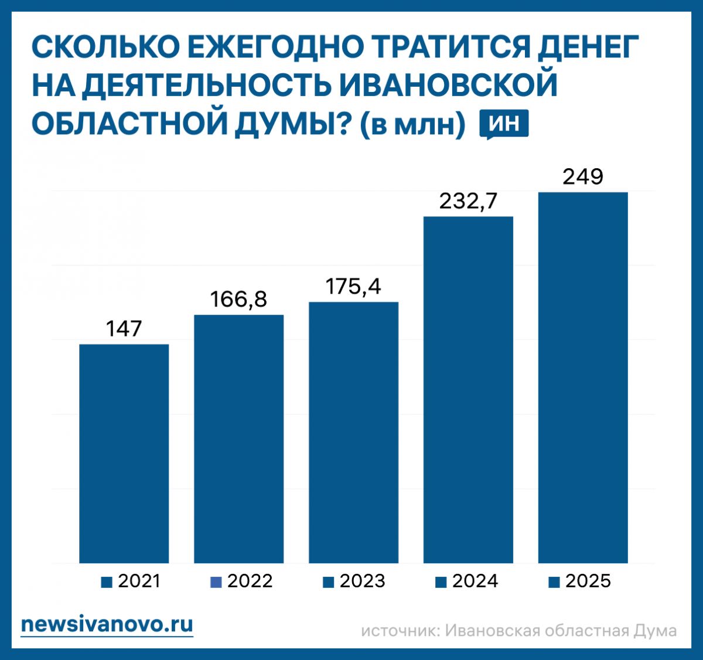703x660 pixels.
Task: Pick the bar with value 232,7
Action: coord(468,389)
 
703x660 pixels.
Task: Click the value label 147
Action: coord(124,329)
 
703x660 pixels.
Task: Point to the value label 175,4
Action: coord(353,287)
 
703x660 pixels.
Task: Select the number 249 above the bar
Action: coord(583,176)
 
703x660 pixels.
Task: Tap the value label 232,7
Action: coord(468,201)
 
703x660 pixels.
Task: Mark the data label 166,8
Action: coord(238,300)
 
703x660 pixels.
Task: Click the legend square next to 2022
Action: coord(216,582)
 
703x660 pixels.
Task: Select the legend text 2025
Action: coord(588,581)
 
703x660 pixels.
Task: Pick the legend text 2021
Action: coord(139,581)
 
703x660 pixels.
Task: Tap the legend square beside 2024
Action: coord(441,582)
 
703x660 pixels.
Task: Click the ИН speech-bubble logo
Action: coord(504,124)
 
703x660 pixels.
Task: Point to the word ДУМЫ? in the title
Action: coord(292,124)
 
